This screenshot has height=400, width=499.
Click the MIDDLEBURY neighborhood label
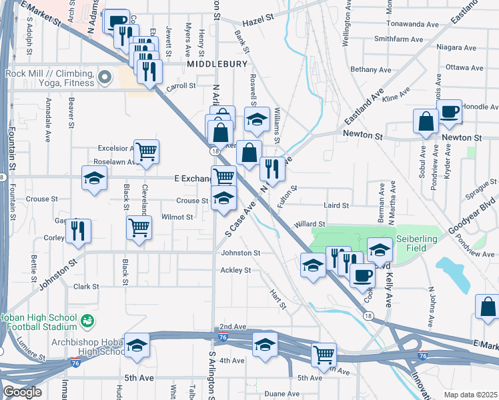(x=217, y=64)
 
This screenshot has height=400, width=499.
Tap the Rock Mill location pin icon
(x=105, y=78)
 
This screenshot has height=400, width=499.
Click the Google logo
(x=21, y=392)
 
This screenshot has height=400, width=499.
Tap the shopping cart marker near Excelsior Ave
(x=146, y=151)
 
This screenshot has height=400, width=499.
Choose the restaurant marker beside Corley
(x=79, y=230)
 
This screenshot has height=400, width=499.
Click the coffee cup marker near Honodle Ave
(x=450, y=111)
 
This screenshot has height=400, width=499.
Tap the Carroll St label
(x=181, y=86)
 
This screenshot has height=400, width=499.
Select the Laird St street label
(x=336, y=206)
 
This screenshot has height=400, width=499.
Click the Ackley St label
(x=235, y=271)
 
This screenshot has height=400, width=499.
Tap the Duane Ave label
(x=279, y=394)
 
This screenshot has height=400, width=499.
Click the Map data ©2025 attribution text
(x=470, y=395)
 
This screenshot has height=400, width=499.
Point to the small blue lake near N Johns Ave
(x=455, y=271)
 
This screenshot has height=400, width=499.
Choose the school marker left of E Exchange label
(x=95, y=178)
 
